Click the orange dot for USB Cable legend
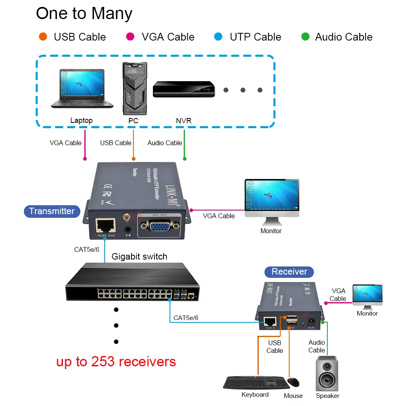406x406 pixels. tap(43, 37)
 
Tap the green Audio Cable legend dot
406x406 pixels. tap(305, 37)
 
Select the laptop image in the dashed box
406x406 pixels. tap(82, 88)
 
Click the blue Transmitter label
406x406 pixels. tap(52, 211)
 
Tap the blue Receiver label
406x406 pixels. tap(289, 272)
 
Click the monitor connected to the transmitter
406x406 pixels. tap(271, 202)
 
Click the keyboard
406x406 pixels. tap(254, 382)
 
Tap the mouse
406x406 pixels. tap(293, 382)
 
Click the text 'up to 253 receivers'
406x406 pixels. tap(116, 361)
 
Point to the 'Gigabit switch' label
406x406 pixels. tap(139, 256)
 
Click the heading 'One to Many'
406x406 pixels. tap(84, 13)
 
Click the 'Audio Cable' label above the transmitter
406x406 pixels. tap(165, 143)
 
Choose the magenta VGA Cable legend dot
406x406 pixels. tap(131, 37)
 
